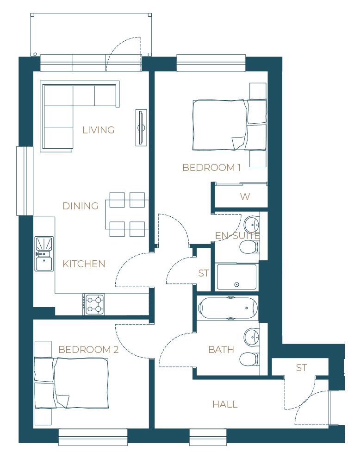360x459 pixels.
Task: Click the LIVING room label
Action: coord(98,130)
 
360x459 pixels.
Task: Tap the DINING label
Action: coord(81,206)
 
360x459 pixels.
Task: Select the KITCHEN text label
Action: coord(84,264)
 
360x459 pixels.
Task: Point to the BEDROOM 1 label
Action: coord(211,168)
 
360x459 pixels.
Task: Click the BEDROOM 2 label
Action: coord(88,349)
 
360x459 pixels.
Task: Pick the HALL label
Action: coord(225,404)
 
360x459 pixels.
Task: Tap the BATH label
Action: coord(221,349)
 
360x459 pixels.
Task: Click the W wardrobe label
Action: coord(245,196)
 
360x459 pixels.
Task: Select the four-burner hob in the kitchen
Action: coord(94,304)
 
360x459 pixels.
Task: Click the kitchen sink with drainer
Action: coord(44,254)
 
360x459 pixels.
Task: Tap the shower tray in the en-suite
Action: coord(236,277)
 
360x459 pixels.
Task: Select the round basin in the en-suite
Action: coord(252,224)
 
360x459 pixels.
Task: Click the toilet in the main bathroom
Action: coord(249,359)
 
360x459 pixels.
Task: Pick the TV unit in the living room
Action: coord(141,128)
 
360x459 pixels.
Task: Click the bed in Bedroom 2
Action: coord(71,383)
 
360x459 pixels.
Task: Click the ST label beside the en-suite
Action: coord(203,273)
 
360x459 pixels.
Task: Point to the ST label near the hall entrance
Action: coord(302,367)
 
